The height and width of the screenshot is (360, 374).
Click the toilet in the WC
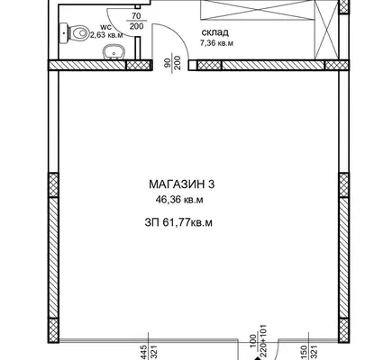coord(74,32)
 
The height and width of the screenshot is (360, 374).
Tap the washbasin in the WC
coord(114,52)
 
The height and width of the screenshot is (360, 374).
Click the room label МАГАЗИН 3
coord(182,184)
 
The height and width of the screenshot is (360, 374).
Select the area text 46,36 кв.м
coord(179,200)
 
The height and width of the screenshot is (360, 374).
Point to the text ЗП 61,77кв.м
coord(178,223)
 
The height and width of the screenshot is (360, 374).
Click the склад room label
coord(215,32)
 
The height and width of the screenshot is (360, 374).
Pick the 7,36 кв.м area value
coord(216,43)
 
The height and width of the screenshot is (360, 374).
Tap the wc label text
coord(105,27)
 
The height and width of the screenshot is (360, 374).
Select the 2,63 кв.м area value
coord(107,35)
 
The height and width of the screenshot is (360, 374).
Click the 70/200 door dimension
coord(137,21)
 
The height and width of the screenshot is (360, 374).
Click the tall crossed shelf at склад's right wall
coord(326,30)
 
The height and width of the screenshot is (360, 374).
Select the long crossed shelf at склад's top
coord(257,10)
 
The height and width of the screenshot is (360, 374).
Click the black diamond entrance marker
coord(258,358)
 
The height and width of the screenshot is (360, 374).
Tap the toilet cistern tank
coord(63,32)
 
